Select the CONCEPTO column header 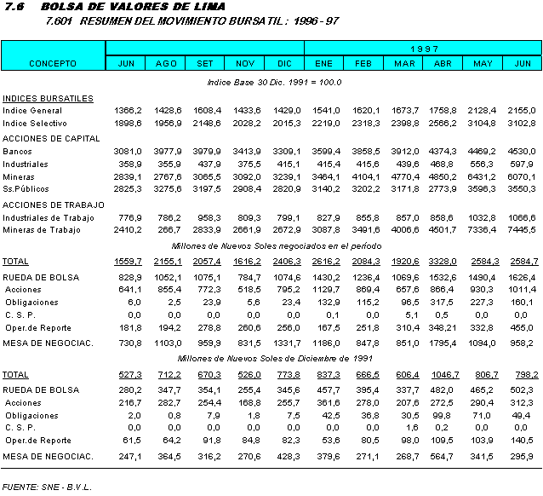[53, 63]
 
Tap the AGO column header [166, 63]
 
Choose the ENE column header [323, 63]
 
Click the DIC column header [283, 63]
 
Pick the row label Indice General [32, 111]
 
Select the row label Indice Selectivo [34, 124]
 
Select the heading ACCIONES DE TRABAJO [54, 205]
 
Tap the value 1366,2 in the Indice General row [127, 111]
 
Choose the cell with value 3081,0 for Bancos [127, 151]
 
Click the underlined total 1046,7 [442, 374]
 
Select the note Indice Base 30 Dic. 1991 [274, 82]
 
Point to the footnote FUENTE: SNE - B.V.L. [47, 487]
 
